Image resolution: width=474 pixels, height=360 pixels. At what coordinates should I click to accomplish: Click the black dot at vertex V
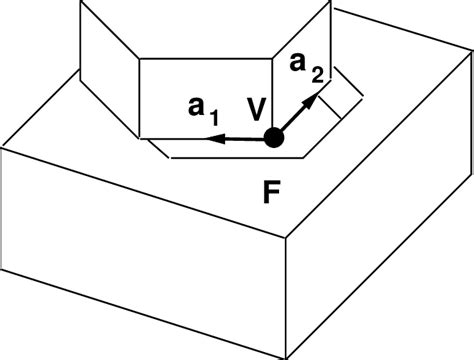click(274, 140)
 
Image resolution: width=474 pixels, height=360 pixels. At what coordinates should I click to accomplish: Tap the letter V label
click(257, 109)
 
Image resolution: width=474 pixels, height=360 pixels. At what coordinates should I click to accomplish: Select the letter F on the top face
click(272, 191)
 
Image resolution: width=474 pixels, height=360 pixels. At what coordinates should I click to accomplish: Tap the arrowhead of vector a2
click(316, 97)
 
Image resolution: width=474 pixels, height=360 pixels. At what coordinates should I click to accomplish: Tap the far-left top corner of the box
click(6, 146)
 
